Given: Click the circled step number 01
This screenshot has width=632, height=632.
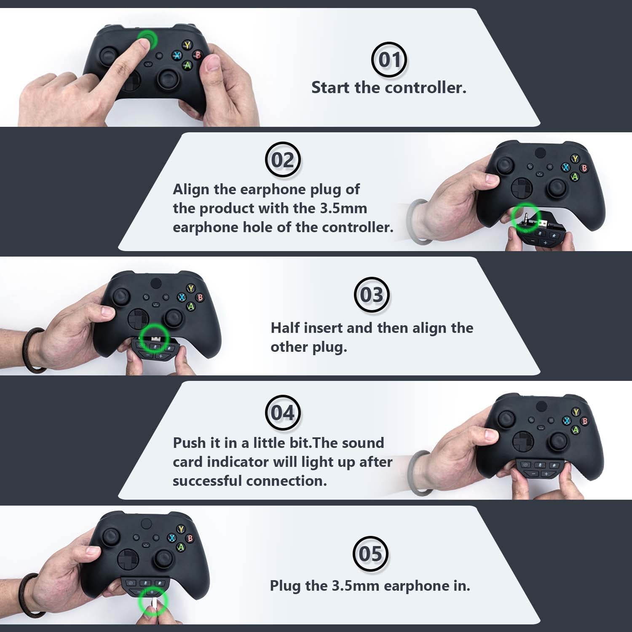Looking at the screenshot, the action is click(388, 59).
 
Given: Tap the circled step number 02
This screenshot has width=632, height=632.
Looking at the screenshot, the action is click(282, 160).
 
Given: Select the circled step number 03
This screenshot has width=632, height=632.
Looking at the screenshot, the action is click(372, 295).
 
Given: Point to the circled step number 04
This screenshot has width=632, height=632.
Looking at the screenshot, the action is click(282, 412).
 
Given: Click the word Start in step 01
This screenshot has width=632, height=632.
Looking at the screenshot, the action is click(331, 88).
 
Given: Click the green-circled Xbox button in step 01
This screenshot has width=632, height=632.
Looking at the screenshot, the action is click(148, 41).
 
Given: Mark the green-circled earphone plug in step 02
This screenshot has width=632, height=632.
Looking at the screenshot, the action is click(526, 217).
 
